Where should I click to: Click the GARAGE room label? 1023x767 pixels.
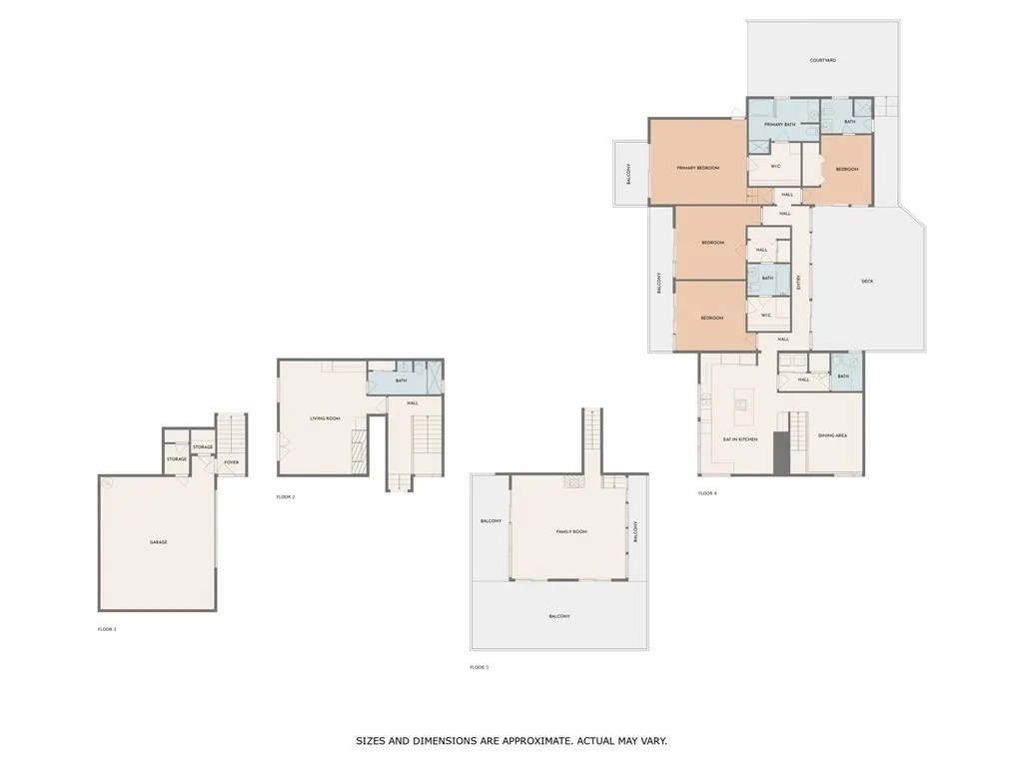click(x=158, y=542)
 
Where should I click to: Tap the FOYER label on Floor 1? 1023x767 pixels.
click(x=231, y=462)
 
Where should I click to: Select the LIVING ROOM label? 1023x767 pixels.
click(x=326, y=418)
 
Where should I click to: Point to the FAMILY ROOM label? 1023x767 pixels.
click(x=571, y=531)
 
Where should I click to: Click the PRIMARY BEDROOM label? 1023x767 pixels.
click(x=698, y=168)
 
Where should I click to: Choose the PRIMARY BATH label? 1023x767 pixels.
click(x=780, y=124)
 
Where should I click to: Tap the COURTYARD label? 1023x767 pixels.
click(x=822, y=60)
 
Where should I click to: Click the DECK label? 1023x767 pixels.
click(x=867, y=281)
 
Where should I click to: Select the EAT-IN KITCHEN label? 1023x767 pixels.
click(x=740, y=439)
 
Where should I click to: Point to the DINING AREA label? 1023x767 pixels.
click(x=832, y=435)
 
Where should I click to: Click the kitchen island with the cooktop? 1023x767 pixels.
click(x=741, y=403)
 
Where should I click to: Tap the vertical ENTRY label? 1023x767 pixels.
click(x=798, y=284)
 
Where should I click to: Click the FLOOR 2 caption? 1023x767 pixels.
click(x=286, y=496)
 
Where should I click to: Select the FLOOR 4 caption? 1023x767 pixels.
click(x=707, y=493)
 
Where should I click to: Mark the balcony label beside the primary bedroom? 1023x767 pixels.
click(x=628, y=174)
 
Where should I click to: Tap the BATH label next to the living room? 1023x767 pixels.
click(x=401, y=381)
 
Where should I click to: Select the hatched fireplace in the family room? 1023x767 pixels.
click(x=573, y=481)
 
